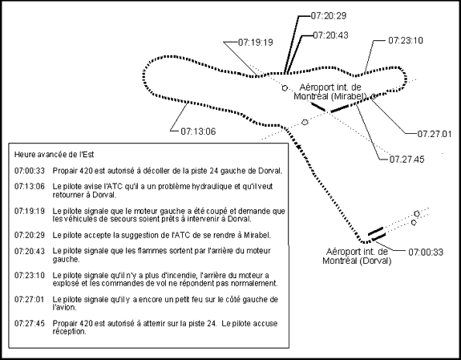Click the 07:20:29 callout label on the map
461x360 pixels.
pos(329,15)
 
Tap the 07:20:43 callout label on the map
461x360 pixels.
pos(331,35)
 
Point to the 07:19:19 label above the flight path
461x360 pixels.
pos(256,42)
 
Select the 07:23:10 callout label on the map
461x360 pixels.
pos(406,40)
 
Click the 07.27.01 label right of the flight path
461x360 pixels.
pos(435,134)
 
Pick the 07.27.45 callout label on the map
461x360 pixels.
pos(407,160)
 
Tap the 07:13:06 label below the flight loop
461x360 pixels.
pos(198,131)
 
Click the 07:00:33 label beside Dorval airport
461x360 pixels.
pos(426,252)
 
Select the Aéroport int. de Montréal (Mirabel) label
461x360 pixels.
pos(330,91)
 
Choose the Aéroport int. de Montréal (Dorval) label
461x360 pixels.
pos(357,257)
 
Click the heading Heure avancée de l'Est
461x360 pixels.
pos(54,155)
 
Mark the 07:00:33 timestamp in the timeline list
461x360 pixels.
pos(30,171)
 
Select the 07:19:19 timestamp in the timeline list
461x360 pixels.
pos(30,211)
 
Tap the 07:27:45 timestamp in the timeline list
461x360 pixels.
pos(30,324)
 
